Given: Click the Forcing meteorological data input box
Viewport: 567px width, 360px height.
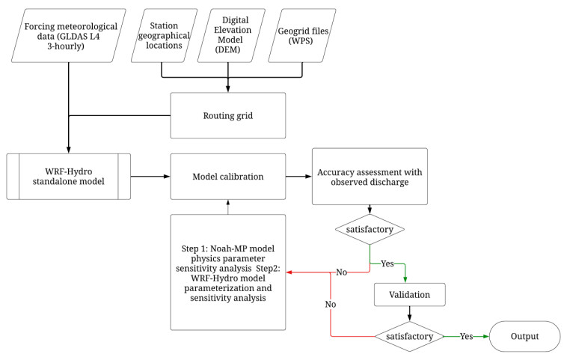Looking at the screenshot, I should (68, 35).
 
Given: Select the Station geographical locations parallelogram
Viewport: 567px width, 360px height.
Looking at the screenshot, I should (164, 35).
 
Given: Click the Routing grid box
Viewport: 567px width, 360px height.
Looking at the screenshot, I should (227, 115).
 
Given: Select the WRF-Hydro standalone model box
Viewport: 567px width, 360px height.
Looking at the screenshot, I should (68, 177).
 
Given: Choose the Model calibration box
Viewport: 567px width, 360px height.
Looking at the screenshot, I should (227, 177).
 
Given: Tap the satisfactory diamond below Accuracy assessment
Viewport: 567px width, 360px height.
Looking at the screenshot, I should (370, 228).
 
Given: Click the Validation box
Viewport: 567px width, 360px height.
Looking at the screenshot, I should (409, 295).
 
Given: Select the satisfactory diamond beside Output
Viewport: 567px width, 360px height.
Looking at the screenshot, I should (409, 336).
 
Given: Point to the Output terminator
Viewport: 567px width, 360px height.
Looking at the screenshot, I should (524, 336).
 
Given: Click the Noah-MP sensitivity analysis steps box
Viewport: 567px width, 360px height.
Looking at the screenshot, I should (227, 272).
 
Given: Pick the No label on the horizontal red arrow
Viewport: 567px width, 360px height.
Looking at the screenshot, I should (341, 272).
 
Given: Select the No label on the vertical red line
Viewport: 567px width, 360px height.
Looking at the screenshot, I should (330, 305).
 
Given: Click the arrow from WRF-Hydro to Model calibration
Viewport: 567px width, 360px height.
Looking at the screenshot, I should (150, 177).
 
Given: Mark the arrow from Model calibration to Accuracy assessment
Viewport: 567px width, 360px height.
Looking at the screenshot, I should (298, 177).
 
